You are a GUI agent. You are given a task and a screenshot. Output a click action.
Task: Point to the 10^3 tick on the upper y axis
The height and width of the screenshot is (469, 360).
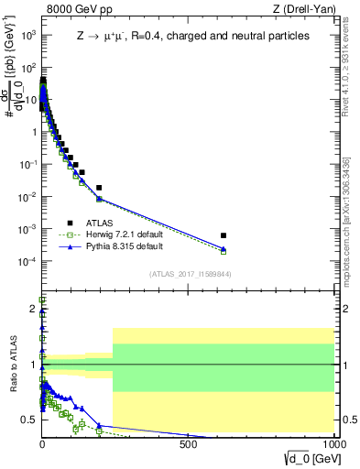pyautogui.click(x=29, y=35)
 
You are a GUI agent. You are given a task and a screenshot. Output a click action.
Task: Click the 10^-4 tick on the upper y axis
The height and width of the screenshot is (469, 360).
pyautogui.click(x=28, y=261)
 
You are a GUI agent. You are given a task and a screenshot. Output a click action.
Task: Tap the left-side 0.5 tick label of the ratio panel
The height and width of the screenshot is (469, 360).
pyautogui.click(x=30, y=420)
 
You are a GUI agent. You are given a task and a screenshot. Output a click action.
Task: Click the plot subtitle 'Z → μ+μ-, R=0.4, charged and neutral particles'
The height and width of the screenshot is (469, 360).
pyautogui.click(x=192, y=37)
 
